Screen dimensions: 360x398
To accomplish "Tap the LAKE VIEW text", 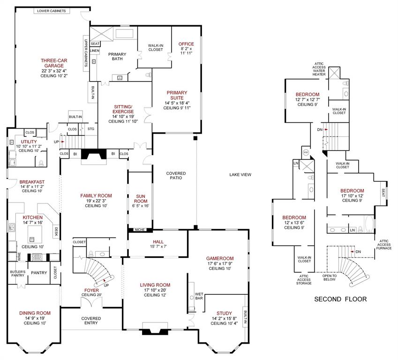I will [240, 175].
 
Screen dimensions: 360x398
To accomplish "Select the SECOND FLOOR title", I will [340, 299].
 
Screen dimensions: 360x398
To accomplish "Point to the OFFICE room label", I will [186, 44].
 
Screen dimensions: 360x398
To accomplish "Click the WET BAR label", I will [199, 296].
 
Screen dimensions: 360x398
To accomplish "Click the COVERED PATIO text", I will [176, 175].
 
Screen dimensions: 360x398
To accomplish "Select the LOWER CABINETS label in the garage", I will [52, 11].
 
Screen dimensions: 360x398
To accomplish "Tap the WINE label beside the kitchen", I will [20, 257].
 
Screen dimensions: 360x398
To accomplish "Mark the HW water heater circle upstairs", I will [306, 153].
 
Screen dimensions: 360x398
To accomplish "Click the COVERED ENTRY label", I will [91, 321].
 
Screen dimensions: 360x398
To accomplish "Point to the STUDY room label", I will [224, 314].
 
